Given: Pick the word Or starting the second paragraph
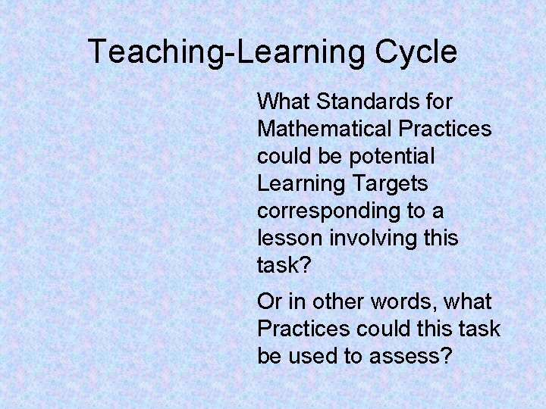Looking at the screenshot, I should pos(268,301).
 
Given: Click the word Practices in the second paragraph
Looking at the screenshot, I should pos(303,329).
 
